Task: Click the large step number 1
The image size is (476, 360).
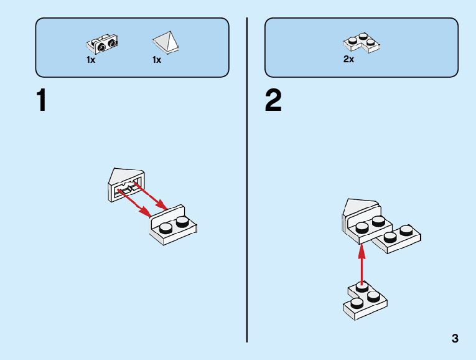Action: [x=42, y=101]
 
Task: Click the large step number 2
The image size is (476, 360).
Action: [x=273, y=101]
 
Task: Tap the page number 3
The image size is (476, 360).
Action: [x=455, y=339]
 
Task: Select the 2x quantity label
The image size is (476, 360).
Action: [x=348, y=60]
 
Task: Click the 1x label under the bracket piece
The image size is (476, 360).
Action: [x=91, y=60]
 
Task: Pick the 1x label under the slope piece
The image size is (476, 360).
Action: [x=157, y=60]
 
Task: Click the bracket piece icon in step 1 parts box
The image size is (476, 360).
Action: [x=102, y=44]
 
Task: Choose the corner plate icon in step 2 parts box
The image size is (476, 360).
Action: [x=362, y=44]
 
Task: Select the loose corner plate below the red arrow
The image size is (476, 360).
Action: [x=365, y=301]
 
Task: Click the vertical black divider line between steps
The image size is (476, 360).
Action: [x=247, y=181]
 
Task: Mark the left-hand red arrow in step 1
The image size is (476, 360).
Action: [x=134, y=204]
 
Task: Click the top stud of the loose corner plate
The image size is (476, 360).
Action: [x=362, y=288]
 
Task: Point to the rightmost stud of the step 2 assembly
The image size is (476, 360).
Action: [x=406, y=229]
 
